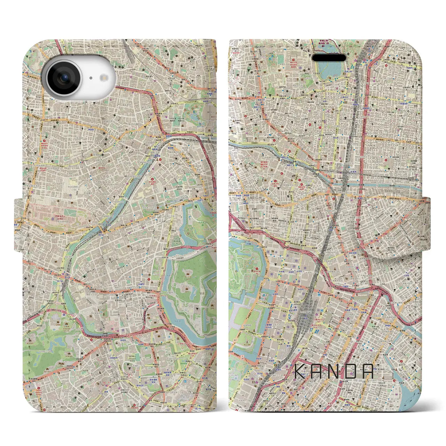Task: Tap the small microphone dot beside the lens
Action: (90, 78)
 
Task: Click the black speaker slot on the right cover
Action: (329, 57)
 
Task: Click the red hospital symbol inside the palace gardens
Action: (257, 269)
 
